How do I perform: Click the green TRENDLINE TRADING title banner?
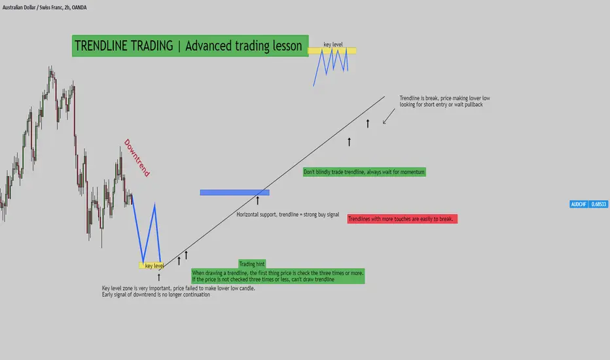(190, 46)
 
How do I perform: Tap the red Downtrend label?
(137, 158)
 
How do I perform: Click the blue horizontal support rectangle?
(234, 192)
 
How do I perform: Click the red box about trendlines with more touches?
(403, 219)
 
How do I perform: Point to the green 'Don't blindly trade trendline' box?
(364, 172)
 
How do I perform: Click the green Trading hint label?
(252, 264)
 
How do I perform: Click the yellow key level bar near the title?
(332, 50)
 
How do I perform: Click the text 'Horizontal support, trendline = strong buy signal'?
(288, 215)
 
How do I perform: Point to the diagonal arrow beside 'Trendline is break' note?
(389, 117)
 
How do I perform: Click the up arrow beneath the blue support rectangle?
(257, 200)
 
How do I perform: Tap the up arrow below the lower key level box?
(159, 277)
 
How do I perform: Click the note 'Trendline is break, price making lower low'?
(444, 98)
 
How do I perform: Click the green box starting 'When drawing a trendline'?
(278, 276)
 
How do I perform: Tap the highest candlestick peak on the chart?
(50, 67)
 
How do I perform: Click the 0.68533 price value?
(599, 204)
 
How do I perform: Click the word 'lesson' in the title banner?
(287, 46)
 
